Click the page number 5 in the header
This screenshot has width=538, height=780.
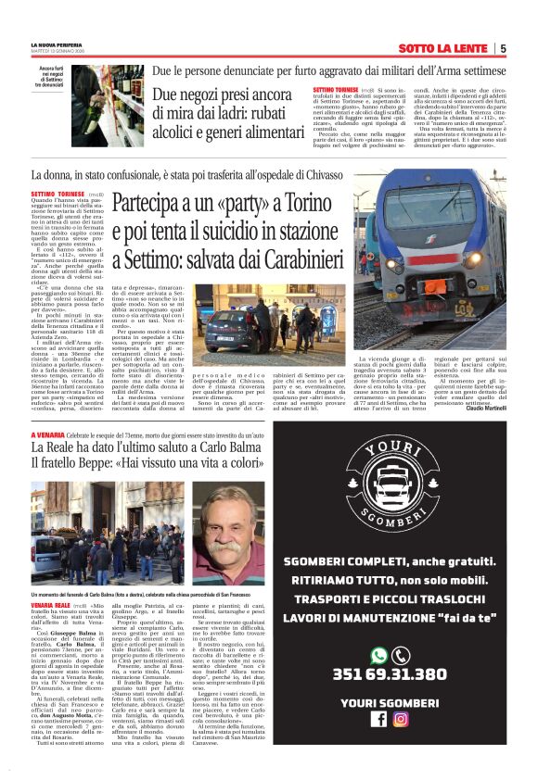tap(502, 48)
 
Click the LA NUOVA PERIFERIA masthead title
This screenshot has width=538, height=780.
tap(56, 44)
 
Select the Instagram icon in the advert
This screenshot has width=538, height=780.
tap(401, 718)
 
